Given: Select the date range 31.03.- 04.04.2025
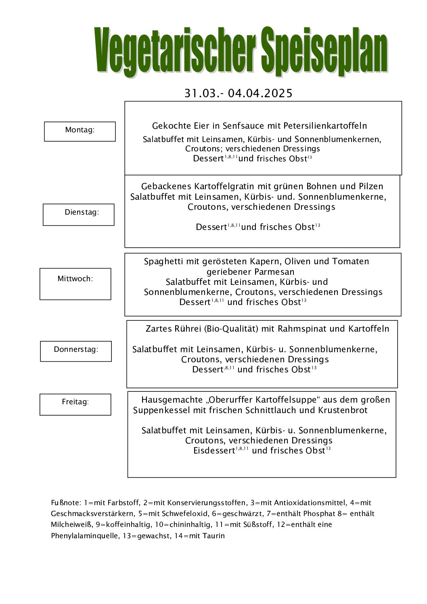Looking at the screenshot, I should (238, 94).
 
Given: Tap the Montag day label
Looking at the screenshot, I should (80, 130).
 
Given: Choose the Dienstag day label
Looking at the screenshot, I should (82, 212).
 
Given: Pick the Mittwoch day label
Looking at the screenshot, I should (75, 279).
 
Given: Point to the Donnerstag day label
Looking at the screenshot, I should (76, 349).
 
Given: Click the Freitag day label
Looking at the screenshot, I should (75, 402).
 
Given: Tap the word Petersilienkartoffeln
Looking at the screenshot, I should (325, 126).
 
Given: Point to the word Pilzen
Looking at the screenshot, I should (371, 186).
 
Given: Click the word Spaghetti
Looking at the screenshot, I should (163, 261).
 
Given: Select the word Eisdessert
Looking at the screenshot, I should (214, 451).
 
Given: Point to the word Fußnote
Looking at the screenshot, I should (66, 503).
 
